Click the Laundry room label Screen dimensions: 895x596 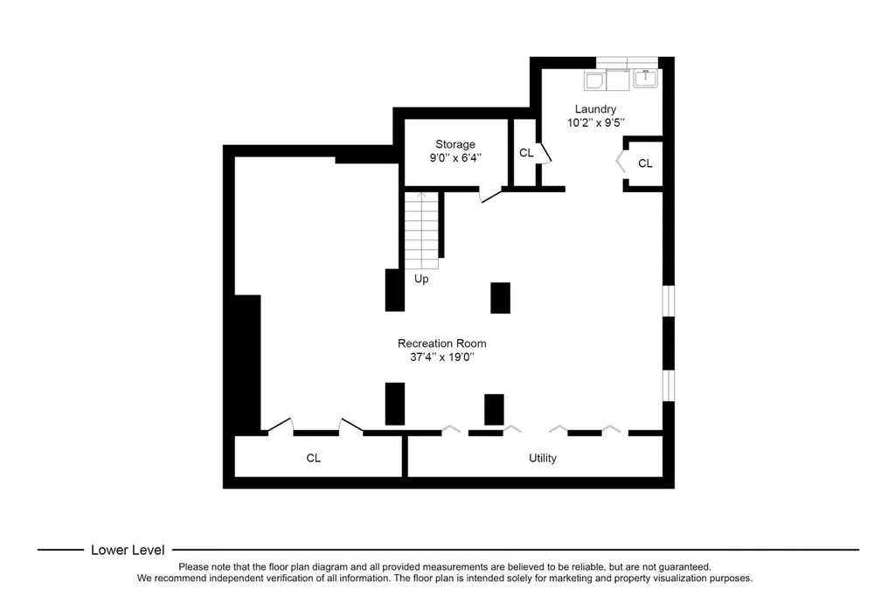click(595, 109)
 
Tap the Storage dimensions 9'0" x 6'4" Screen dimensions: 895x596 click(455, 158)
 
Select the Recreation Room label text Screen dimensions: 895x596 click(441, 343)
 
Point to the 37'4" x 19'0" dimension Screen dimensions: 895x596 click(441, 357)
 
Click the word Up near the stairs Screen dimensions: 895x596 click(421, 279)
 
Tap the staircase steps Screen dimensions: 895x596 click(421, 231)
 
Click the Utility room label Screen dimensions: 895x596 click(542, 458)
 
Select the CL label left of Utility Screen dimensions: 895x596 click(314, 458)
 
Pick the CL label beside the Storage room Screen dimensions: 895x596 click(526, 152)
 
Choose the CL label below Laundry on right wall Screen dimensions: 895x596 click(645, 163)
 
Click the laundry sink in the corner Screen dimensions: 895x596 click(646, 78)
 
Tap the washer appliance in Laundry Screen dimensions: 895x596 click(594, 80)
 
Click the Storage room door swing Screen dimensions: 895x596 click(490, 195)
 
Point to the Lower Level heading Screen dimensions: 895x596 click(128, 550)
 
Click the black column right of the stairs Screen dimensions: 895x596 click(501, 298)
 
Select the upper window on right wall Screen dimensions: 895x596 click(669, 301)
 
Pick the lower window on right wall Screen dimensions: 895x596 click(669, 385)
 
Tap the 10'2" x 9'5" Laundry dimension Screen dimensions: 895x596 click(595, 122)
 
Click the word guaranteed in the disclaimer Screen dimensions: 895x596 click(683, 567)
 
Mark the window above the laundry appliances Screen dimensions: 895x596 click(627, 63)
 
